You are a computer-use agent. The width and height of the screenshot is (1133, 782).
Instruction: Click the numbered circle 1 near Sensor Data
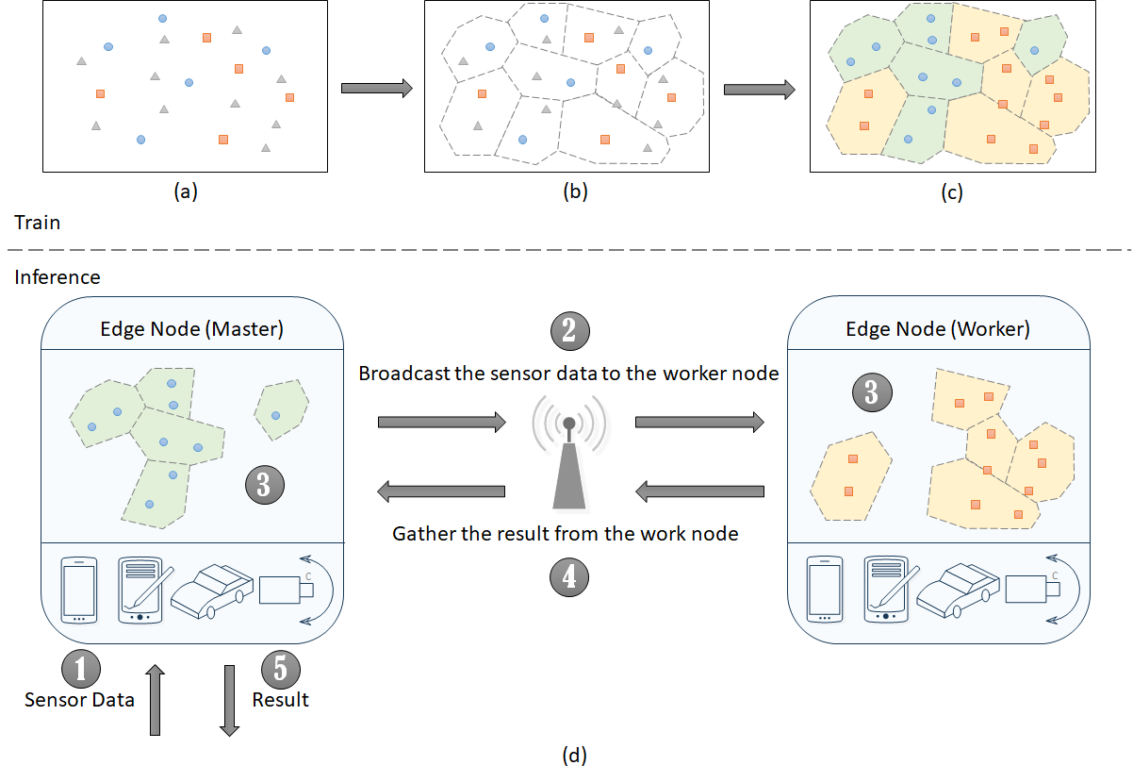click(80, 668)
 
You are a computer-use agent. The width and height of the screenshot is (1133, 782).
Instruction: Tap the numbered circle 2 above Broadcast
click(569, 331)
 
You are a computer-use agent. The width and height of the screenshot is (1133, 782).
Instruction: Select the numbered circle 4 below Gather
click(569, 577)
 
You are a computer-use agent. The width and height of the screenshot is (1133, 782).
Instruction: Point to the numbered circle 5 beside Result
click(280, 668)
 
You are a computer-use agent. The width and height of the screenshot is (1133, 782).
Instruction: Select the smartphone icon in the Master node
click(79, 590)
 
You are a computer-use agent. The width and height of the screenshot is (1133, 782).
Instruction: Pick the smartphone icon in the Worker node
click(825, 590)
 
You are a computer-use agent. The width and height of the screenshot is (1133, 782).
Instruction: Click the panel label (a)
click(185, 192)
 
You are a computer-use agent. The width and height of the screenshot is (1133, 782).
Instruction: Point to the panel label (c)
click(951, 192)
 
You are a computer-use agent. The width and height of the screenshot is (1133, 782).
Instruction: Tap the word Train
click(38, 223)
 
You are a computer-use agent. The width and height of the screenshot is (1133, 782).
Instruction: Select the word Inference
click(57, 277)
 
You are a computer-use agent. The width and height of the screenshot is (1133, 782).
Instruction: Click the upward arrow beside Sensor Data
click(156, 699)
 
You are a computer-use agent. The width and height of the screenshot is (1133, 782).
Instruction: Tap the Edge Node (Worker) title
click(938, 330)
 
